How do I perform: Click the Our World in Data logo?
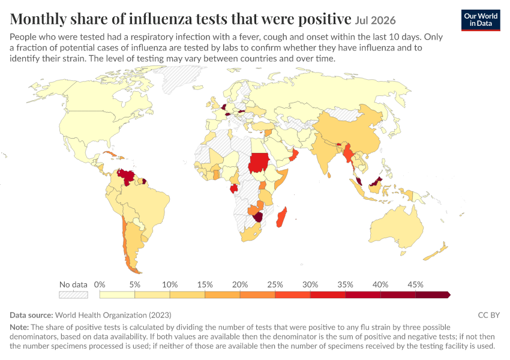481,20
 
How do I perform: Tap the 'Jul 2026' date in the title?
375,20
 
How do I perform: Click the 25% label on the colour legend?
275,284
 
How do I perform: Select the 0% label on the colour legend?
100,284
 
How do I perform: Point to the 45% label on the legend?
415,284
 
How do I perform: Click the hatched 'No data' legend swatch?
73,295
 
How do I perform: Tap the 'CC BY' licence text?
488,315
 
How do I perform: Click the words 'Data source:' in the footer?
31,315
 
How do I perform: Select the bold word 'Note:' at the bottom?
19,327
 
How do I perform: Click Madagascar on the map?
281,218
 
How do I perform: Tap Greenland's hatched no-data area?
182,77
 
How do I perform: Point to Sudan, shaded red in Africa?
259,163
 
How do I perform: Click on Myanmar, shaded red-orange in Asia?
349,154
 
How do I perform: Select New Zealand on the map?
437,251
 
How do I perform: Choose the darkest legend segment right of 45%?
433,295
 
